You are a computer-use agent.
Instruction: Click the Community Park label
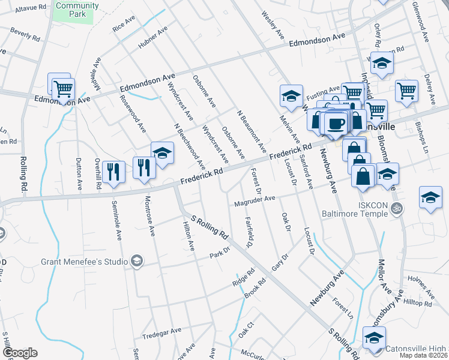77,9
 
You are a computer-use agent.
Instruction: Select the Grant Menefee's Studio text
84,262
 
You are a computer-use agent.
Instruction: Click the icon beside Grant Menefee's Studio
137,261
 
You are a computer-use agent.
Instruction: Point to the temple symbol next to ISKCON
396,208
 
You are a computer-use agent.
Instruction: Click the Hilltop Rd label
418,304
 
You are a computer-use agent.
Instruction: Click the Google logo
19,353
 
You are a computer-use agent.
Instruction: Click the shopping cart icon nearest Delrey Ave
406,91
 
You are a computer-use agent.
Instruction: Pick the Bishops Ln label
421,137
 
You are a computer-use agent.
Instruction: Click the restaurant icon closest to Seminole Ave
112,171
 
